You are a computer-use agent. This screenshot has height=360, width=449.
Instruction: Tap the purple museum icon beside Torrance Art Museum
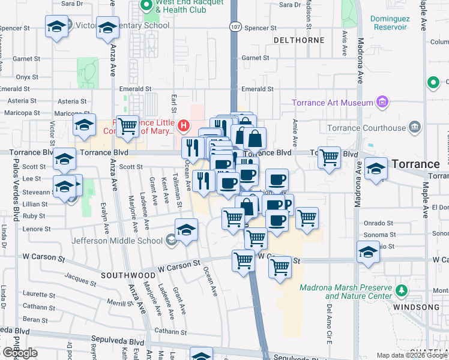pos(382,103)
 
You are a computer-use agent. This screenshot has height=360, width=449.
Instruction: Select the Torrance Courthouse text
pos(366,128)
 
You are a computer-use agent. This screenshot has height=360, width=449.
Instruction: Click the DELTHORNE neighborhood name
pos(298,40)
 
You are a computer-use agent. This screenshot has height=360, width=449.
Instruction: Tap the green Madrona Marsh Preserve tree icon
pos(401,291)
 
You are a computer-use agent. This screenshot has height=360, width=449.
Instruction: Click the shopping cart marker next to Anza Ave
pos(127,126)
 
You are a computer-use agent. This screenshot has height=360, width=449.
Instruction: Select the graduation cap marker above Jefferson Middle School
pos(187,230)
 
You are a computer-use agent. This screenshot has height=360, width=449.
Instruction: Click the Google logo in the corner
pos(20,353)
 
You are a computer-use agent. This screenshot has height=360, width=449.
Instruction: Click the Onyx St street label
pos(27,77)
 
